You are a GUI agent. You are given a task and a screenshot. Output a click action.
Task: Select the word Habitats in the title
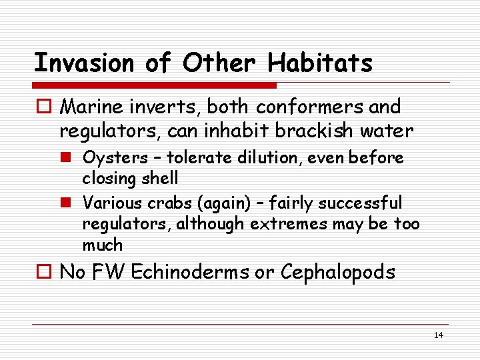(x=320, y=63)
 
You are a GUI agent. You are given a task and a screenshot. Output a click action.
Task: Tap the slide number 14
(x=438, y=335)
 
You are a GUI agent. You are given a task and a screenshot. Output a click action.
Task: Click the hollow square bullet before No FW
(x=45, y=273)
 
